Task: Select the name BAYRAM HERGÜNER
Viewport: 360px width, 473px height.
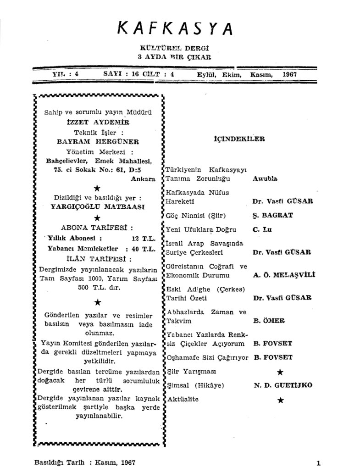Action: pos(98,142)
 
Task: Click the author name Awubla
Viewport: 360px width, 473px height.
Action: pos(265,179)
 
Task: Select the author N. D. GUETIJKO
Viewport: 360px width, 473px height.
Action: pos(283,385)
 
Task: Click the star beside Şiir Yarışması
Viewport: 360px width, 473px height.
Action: pos(281,372)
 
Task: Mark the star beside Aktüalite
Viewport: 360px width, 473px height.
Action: pos(281,400)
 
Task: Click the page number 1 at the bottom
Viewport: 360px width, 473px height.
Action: pos(318,463)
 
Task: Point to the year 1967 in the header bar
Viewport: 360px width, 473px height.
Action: pos(290,73)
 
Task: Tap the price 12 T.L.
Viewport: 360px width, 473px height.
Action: pos(143,239)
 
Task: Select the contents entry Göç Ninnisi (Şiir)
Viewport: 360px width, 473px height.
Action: pos(197,215)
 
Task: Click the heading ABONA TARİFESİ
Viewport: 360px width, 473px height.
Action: pos(97,228)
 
